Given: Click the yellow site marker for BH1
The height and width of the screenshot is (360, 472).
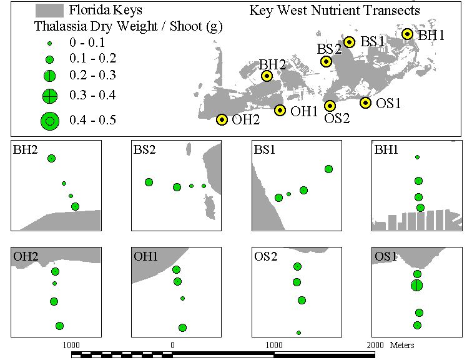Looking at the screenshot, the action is coord(407,34).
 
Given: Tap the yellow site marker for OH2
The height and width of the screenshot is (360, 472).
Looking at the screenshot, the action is coord(222,120).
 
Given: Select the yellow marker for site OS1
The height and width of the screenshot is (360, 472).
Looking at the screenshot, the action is coord(365,103).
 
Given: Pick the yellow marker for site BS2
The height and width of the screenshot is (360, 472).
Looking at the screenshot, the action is coord(326,62).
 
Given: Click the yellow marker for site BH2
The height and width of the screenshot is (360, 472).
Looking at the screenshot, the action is coord(267,76).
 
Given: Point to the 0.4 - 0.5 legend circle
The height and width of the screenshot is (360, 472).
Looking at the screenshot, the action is coord(50,121).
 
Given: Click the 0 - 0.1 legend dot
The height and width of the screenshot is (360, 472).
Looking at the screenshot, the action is coord(50,44).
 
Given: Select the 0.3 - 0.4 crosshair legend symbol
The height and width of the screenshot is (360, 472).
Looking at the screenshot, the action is coord(50,96).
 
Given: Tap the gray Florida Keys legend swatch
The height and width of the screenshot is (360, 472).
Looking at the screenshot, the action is coord(49,11).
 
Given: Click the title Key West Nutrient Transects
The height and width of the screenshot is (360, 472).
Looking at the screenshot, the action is coord(335,11).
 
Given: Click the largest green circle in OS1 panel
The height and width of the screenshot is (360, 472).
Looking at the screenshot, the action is coord(416,285).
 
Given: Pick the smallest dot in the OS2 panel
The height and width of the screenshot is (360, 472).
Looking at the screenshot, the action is coord(298,333).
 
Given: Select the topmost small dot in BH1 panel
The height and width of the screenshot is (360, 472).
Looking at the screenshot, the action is coord(417,157).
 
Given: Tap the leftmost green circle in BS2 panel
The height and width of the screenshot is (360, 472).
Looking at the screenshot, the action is coord(149,182).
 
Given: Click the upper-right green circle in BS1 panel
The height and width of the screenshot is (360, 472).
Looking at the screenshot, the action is coord(328,169).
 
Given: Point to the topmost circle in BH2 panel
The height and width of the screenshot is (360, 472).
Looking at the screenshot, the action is coord(51,158).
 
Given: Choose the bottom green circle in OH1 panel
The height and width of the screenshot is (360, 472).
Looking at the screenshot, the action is coord(182,327).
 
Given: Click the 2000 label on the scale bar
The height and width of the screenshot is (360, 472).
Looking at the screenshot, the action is coord(375,345).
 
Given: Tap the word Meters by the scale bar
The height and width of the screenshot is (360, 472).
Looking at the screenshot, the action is coord(402,345).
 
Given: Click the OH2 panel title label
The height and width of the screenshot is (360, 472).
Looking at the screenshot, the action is coord(26,256).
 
